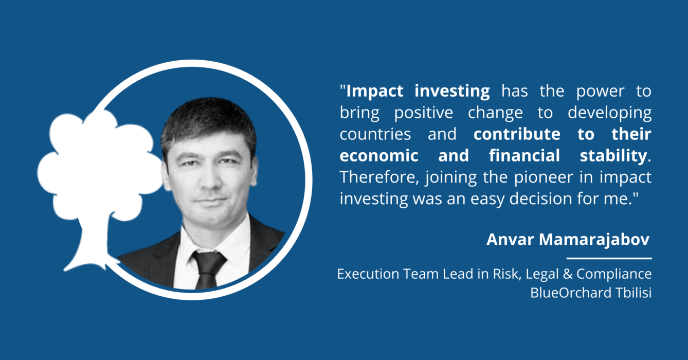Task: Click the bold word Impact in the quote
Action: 375,92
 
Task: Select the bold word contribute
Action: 517,134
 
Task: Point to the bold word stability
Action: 613,156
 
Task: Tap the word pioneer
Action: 544,178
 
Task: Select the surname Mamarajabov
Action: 594,240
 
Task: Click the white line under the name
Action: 609,259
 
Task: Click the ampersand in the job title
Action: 568,274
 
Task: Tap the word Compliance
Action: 614,274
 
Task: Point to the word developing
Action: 609,113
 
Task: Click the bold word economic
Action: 378,156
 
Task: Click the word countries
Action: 375,135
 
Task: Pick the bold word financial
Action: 524,155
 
